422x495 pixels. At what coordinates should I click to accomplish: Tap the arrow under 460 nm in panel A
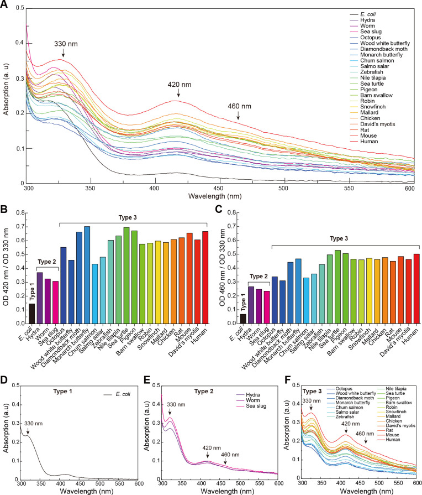[238, 115]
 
